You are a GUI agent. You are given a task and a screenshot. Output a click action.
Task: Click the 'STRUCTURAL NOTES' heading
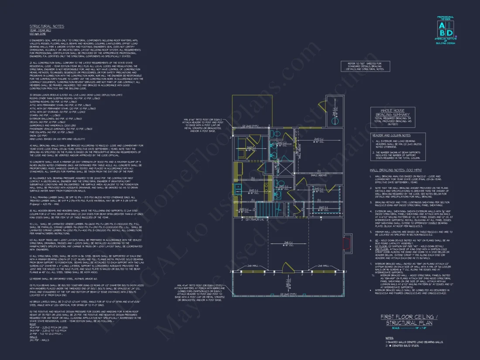coord(47,26)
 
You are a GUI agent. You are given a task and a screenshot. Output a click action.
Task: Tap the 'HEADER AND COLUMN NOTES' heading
coord(391,135)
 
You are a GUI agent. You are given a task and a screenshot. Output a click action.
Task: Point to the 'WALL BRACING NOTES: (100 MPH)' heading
coord(396,169)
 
